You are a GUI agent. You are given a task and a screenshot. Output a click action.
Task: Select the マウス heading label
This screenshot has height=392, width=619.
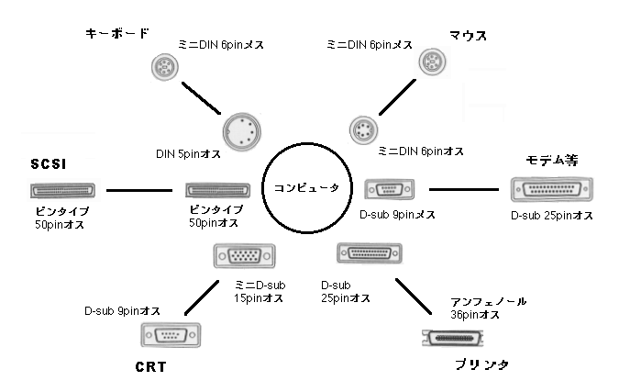tap(468, 36)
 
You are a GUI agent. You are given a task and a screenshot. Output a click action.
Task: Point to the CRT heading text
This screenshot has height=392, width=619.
tap(149, 367)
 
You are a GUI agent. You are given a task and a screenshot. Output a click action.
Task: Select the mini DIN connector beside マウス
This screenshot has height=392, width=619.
tap(431, 62)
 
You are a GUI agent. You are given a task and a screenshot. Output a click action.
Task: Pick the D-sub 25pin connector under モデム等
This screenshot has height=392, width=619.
tap(550, 190)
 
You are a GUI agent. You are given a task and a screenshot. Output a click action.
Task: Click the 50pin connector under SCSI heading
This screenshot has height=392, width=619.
tap(61, 191)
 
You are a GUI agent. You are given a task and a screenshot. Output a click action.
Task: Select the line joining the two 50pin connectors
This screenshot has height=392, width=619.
tap(139, 191)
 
